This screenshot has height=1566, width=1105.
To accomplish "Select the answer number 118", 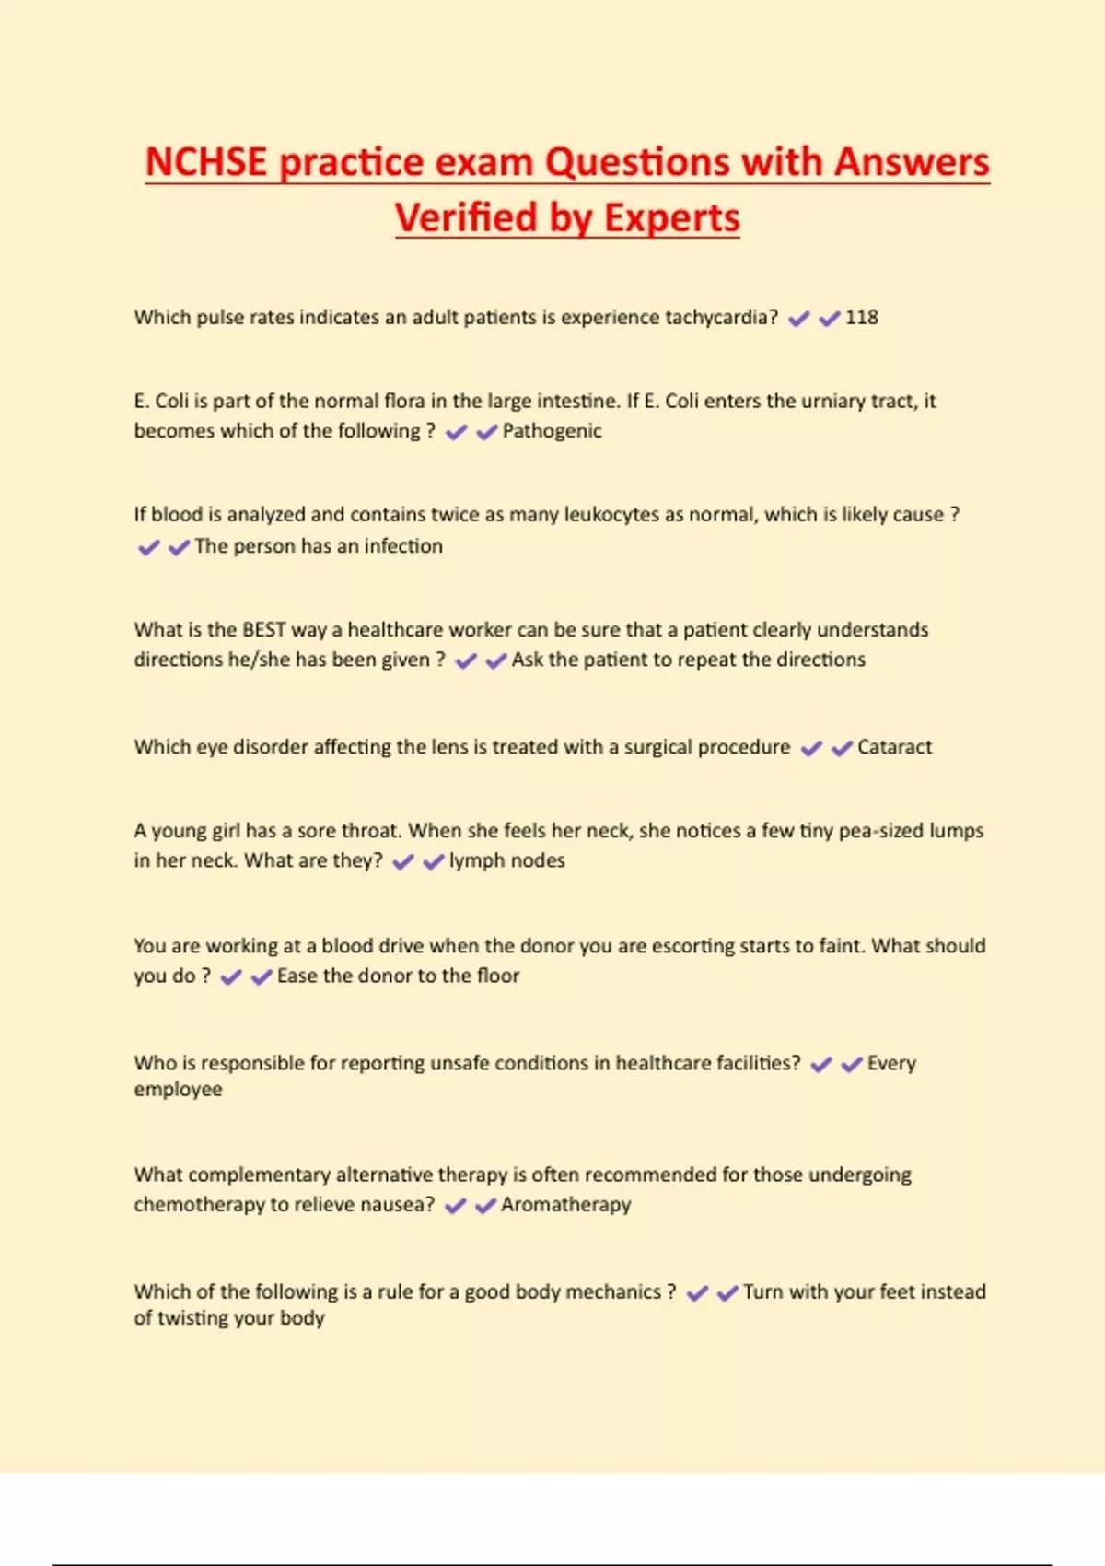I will click(861, 318).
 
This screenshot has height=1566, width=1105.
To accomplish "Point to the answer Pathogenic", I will click(552, 431).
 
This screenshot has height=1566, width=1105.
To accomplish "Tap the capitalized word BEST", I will click(263, 630).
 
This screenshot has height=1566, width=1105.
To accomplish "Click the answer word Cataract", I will click(894, 747).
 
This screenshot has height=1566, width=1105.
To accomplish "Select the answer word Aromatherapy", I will click(565, 1205).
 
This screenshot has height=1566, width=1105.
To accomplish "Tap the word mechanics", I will click(612, 1292).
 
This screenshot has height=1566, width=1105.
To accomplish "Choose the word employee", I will click(178, 1090).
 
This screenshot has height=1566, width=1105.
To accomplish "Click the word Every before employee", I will click(891, 1064).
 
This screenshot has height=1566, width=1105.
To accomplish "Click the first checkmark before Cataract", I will click(811, 748).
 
